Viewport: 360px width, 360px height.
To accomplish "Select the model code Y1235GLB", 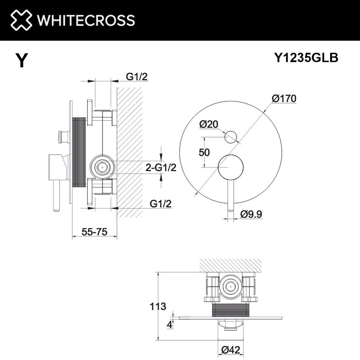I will pos(306,58).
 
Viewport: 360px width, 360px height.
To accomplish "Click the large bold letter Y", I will pos(22,60).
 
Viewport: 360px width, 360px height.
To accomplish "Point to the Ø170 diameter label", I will pos(284,98).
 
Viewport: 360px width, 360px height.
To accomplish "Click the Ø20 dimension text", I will pos(208,125).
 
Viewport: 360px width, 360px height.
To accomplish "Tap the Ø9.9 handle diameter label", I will pos(251,214).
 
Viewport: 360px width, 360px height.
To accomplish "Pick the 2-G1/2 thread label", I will pos(161,167).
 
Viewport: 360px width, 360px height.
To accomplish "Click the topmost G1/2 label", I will pos(137,76).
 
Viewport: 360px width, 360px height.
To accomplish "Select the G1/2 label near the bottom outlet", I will pos(160,203).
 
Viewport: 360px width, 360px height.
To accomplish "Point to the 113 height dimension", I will pos(158,307).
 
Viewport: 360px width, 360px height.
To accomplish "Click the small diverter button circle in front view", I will pos(230,137).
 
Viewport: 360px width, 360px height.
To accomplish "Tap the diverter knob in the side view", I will pos(62,136).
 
